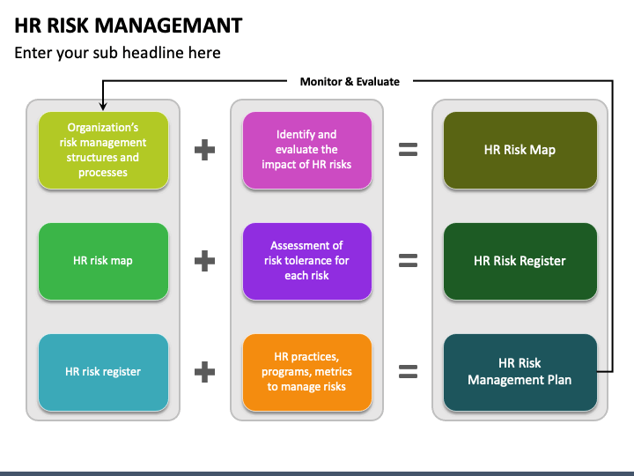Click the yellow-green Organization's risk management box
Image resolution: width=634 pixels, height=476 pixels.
click(103, 150)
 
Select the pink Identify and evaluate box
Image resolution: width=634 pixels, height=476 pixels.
click(307, 150)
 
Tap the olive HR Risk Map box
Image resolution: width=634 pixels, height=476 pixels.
click(520, 150)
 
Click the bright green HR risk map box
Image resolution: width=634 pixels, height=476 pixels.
click(103, 261)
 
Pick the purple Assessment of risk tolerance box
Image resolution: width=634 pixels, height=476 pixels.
click(307, 261)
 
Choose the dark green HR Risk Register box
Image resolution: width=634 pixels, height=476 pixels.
click(520, 261)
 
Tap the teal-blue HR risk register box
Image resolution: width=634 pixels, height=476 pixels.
click(103, 372)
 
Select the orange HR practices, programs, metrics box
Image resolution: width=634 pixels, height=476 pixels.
click(307, 372)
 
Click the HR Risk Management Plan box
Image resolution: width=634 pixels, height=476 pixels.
click(520, 372)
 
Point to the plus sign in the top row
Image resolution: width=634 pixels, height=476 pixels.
click(204, 150)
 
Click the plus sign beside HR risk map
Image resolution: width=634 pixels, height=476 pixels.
click(204, 261)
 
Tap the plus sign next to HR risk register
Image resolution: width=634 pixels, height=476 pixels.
click(204, 372)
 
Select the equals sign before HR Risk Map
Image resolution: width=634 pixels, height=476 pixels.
click(408, 150)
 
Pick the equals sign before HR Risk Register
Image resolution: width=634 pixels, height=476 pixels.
click(408, 261)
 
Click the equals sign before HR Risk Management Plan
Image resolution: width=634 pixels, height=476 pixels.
click(408, 372)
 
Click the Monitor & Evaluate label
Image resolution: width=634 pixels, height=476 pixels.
click(350, 82)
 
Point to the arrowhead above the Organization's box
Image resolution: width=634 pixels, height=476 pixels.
click(103, 106)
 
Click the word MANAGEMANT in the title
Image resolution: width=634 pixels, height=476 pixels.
click(168, 26)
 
